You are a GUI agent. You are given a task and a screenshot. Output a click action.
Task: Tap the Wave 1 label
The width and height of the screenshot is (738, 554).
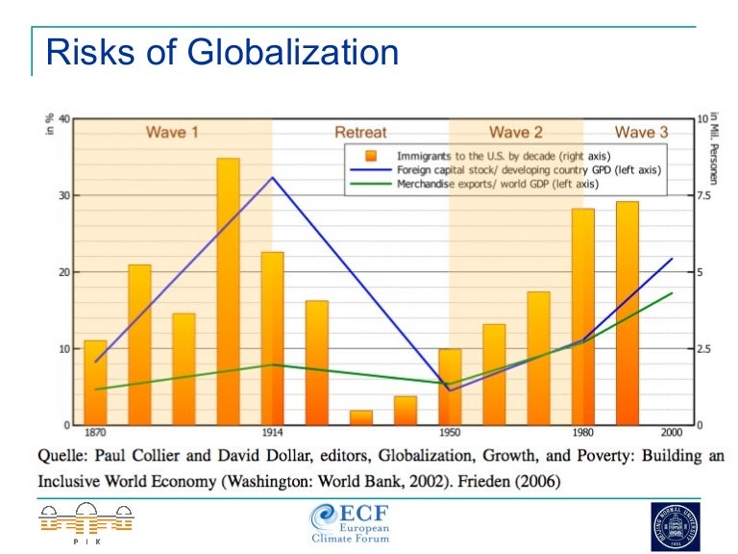(172, 132)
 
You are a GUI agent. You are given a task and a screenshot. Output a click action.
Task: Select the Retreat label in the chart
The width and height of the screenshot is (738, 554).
(360, 132)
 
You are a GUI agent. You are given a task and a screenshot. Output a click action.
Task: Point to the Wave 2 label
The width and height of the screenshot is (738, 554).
(516, 132)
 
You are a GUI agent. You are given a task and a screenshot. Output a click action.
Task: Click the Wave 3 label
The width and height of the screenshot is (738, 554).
(641, 132)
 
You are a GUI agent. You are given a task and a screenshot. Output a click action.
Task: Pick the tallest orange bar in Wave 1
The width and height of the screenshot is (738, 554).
(228, 289)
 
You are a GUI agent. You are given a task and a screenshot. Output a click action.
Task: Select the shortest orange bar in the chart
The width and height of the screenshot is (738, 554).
(361, 417)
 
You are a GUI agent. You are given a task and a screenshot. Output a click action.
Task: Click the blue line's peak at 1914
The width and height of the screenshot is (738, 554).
(272, 177)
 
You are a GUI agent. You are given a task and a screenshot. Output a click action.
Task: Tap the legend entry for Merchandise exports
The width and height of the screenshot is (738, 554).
(498, 184)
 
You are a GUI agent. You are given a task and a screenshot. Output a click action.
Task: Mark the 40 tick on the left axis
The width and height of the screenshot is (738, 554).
(63, 119)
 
